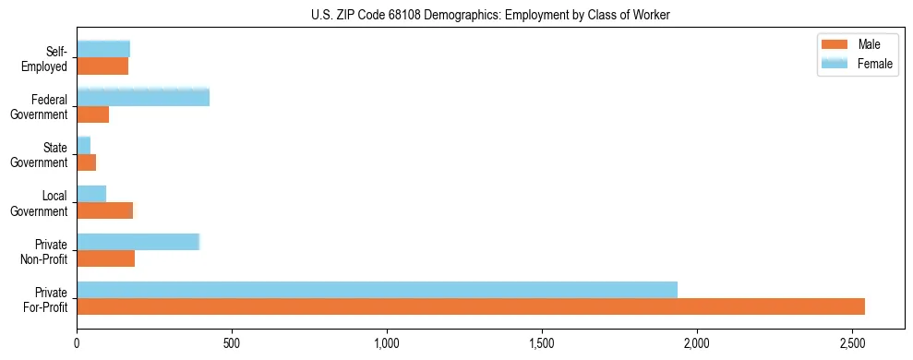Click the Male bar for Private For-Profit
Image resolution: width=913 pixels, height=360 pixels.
point(471,306)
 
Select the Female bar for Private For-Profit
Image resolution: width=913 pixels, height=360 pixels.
point(377,290)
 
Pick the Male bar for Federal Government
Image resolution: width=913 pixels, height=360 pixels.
point(93,114)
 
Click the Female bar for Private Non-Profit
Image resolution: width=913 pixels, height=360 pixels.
point(138,242)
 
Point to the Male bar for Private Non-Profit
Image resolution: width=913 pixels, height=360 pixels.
point(106,258)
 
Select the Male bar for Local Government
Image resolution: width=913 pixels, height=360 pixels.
point(105,210)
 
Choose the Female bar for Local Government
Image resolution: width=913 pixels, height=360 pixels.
point(91,194)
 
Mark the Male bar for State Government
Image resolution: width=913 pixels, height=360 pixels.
point(87,162)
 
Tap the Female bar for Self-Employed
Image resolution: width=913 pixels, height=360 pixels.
point(103,49)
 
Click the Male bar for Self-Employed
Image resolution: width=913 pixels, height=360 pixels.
point(102,66)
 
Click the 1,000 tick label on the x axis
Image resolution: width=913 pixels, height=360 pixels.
point(387,343)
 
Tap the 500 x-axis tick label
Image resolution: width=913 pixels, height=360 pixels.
point(232,343)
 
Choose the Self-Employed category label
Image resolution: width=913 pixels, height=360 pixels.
point(47,59)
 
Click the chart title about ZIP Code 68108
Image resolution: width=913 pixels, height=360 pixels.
point(491,15)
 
